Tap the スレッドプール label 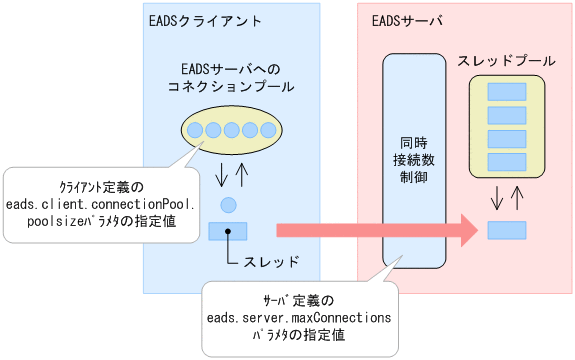[x=506, y=61]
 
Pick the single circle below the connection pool [x=228, y=205]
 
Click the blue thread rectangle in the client [x=228, y=231]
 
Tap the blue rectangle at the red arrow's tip [x=506, y=231]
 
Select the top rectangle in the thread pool [x=506, y=92]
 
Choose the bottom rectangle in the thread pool [x=506, y=160]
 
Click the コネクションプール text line [x=232, y=87]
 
